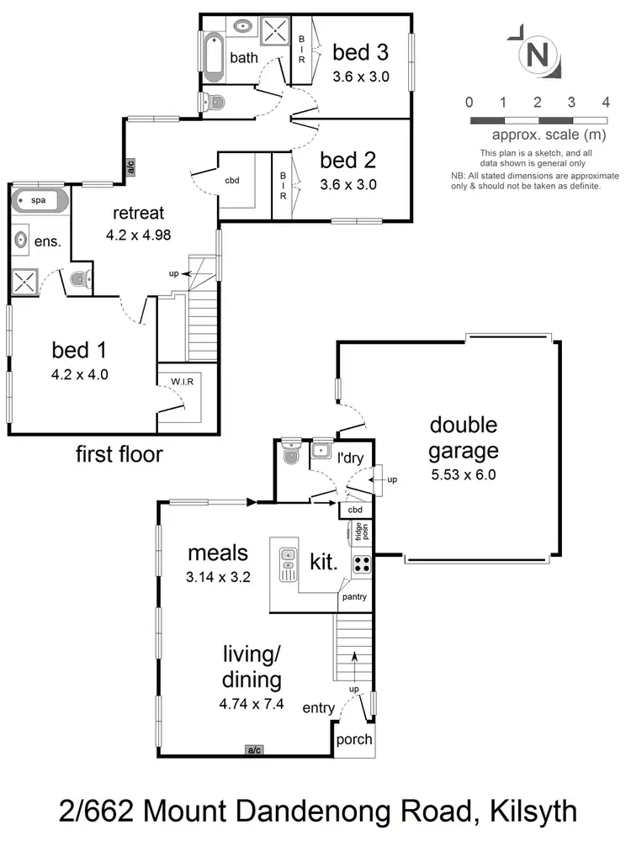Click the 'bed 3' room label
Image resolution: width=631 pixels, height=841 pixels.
click(360, 53)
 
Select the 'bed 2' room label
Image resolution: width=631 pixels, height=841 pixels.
click(348, 160)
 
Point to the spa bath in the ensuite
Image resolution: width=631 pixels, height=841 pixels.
click(40, 202)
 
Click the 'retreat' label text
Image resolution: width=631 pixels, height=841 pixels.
click(139, 213)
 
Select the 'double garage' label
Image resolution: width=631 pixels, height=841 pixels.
click(463, 438)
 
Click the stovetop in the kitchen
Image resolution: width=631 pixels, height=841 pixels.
click(362, 564)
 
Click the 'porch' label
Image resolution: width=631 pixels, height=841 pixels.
click(353, 740)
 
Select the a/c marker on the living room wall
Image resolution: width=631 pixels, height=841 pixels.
click(253, 749)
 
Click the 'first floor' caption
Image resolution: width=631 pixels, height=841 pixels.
click(119, 455)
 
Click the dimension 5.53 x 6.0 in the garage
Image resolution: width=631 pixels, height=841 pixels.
click(463, 474)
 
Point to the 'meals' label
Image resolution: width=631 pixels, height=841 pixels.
click(218, 553)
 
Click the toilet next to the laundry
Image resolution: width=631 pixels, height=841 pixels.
click(290, 454)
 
